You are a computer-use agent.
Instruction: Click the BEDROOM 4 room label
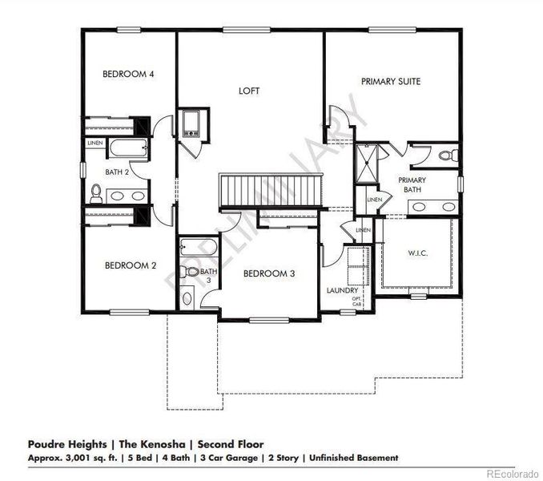(128, 74)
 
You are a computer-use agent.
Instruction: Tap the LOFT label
(249, 91)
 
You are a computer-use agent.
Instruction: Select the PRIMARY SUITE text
(391, 81)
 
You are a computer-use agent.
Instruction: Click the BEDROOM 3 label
(269, 273)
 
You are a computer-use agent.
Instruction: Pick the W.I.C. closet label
(416, 253)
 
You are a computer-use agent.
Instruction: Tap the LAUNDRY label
(342, 290)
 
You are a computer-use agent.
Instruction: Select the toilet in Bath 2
(95, 193)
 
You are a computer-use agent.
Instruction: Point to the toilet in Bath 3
(191, 272)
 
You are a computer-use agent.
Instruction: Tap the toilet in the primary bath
(452, 154)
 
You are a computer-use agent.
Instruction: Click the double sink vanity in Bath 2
(128, 195)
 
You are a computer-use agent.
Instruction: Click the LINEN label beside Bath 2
(95, 143)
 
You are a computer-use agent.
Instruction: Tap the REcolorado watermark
(512, 474)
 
